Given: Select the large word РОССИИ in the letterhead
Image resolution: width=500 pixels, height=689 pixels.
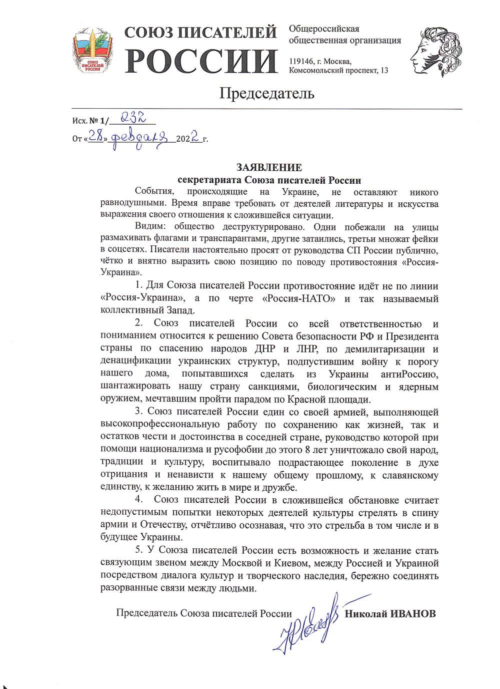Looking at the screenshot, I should coord(201,62).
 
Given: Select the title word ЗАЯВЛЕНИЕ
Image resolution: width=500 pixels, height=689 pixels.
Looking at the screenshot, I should coord(269,168).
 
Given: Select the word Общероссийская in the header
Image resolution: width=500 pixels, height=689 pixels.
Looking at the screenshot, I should coord(323,29).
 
